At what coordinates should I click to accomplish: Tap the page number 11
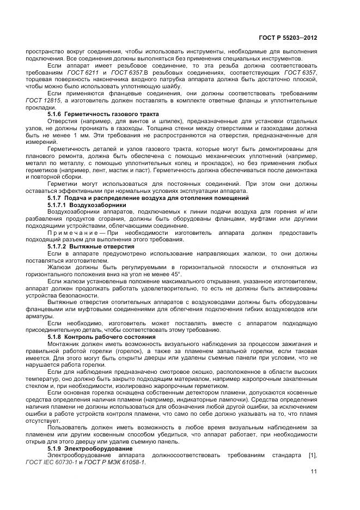pos(314,471)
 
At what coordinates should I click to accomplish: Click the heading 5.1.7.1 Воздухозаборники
pos(87,204)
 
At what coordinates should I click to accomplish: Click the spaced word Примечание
pos(72,233)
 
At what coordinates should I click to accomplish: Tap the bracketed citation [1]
pos(312,447)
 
